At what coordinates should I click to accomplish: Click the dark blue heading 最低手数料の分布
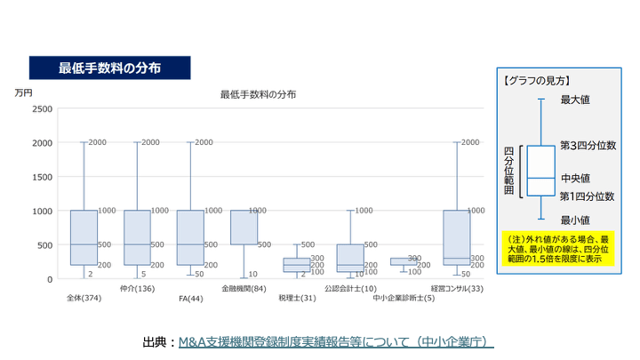tap(109, 68)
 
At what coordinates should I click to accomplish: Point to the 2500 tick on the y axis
tap(42, 108)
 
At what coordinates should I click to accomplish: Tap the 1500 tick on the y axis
tap(42, 177)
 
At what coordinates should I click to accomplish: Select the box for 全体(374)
tap(84, 237)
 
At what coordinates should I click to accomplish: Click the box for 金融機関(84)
tap(244, 228)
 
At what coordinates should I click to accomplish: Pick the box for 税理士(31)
tap(297, 265)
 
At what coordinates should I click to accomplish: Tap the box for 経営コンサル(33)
tap(457, 237)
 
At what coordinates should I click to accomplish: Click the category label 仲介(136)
tap(137, 288)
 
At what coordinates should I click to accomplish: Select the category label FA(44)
tap(190, 298)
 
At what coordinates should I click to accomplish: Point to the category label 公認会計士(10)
tap(350, 288)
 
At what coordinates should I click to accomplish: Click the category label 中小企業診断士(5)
tap(404, 298)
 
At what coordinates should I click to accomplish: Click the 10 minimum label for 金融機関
tap(253, 274)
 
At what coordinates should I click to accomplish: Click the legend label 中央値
tap(576, 178)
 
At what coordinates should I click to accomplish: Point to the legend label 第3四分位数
tap(587, 144)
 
